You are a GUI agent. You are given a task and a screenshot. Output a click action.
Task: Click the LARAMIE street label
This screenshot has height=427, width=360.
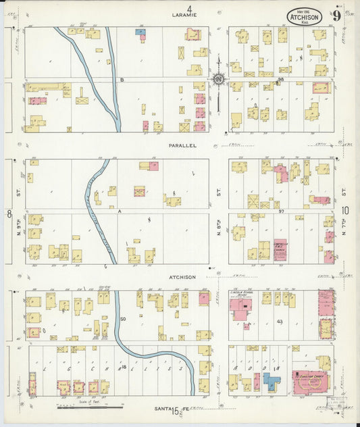click(x=183, y=14)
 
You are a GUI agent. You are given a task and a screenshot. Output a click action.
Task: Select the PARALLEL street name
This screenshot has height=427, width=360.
click(x=182, y=145)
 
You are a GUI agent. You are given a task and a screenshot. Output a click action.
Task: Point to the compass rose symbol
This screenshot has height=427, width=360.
click(x=219, y=80)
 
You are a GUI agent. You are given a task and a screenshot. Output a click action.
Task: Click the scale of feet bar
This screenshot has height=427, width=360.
click(x=90, y=407)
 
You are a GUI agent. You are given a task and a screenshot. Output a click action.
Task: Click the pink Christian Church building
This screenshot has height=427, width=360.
click(x=311, y=382)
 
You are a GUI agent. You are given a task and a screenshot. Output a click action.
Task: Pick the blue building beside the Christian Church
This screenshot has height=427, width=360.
click(x=272, y=382)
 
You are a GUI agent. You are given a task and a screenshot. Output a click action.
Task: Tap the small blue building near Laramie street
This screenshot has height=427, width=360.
click(x=140, y=32)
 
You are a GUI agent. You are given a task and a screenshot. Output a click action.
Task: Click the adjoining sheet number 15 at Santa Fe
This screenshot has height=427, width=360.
click(x=176, y=410)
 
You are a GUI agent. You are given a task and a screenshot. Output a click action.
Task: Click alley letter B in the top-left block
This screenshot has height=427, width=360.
click(x=122, y=80)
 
